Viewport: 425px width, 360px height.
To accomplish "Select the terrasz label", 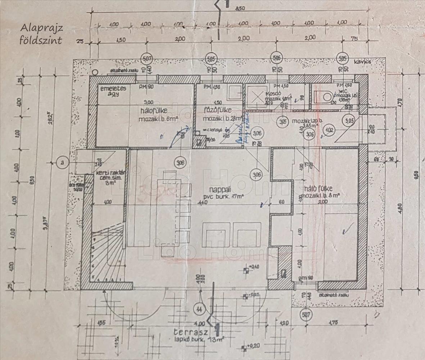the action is [187, 332].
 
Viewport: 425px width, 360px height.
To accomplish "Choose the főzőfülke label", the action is [217, 111].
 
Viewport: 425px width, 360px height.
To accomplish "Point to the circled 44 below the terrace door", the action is [199, 309].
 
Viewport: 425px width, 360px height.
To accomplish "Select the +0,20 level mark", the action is [253, 346].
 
